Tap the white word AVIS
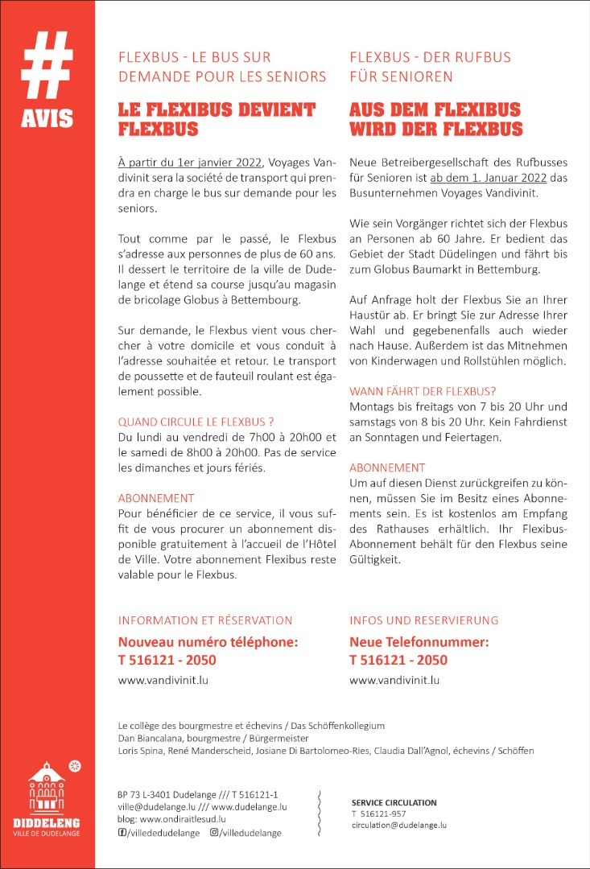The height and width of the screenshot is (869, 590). tap(47, 118)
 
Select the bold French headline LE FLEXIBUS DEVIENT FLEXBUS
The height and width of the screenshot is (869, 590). tap(217, 119)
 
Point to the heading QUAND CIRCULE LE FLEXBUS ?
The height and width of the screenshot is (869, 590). tap(196, 421)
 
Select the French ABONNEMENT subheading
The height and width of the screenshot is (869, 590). tap(156, 498)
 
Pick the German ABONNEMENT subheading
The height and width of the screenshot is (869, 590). tap(387, 467)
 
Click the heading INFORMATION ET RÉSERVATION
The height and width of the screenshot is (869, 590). tap(205, 620)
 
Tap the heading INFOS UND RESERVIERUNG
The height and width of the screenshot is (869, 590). tap(423, 620)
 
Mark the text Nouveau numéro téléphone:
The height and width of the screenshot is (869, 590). tap(208, 642)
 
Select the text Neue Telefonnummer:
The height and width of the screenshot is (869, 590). tap(419, 642)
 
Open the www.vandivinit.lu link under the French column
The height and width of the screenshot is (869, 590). tap(163, 680)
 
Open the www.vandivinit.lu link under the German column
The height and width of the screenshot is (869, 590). tap(394, 680)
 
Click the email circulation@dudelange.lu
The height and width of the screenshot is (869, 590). tap(398, 825)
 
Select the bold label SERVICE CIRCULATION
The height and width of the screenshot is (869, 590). tap(394, 802)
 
